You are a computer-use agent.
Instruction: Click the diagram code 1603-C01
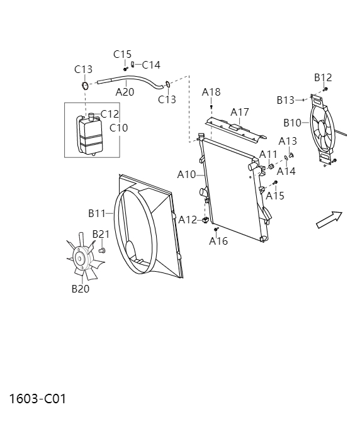[x=37, y=399]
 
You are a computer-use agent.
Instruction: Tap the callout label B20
[x=81, y=289]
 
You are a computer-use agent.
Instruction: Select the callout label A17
[x=240, y=112]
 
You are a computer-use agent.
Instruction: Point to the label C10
[x=118, y=128]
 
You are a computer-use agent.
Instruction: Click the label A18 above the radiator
[x=211, y=92]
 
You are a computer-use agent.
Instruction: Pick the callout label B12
[x=323, y=77]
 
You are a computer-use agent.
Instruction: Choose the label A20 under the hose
[x=125, y=92]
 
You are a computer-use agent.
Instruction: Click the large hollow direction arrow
[x=329, y=220]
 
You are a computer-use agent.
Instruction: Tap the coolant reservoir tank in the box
[x=90, y=134]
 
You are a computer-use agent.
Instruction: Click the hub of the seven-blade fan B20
[x=81, y=257]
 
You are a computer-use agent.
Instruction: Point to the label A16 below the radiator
[x=218, y=241]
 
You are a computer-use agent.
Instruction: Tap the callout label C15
[x=123, y=54]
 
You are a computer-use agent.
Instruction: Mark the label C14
[x=151, y=64]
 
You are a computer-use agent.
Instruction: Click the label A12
[x=188, y=220]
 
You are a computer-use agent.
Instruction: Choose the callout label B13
[x=286, y=100]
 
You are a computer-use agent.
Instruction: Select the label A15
[x=275, y=196]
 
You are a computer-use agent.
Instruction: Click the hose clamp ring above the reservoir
[x=84, y=86]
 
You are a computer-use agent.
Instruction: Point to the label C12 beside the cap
[x=110, y=114]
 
